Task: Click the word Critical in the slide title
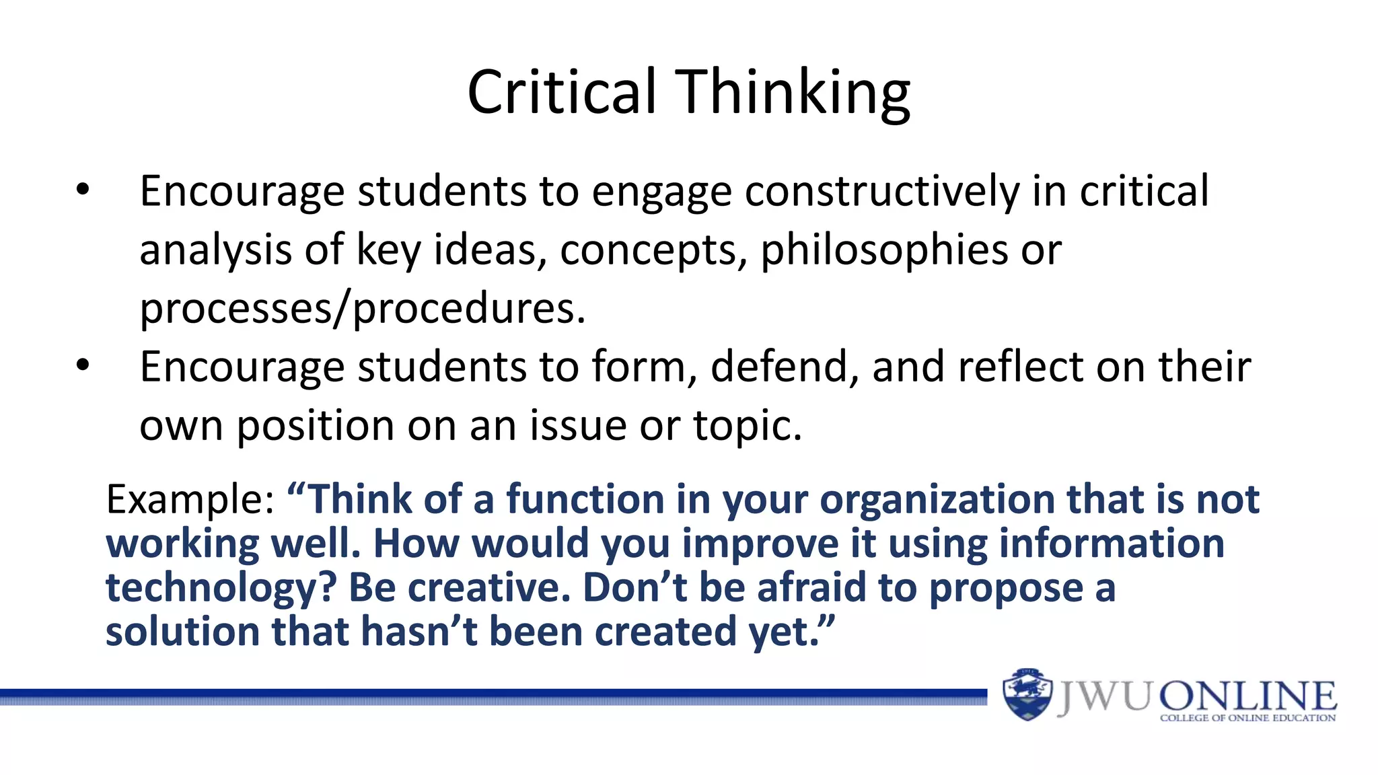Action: click(562, 92)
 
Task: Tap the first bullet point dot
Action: click(82, 190)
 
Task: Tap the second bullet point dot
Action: click(82, 365)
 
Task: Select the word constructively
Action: click(882, 191)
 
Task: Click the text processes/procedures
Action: click(362, 309)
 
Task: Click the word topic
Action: click(748, 426)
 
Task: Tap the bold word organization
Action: click(937, 500)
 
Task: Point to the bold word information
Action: click(1112, 544)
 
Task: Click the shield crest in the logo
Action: click(1027, 695)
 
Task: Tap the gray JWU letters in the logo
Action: click(1103, 696)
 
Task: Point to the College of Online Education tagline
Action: click(1247, 718)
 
